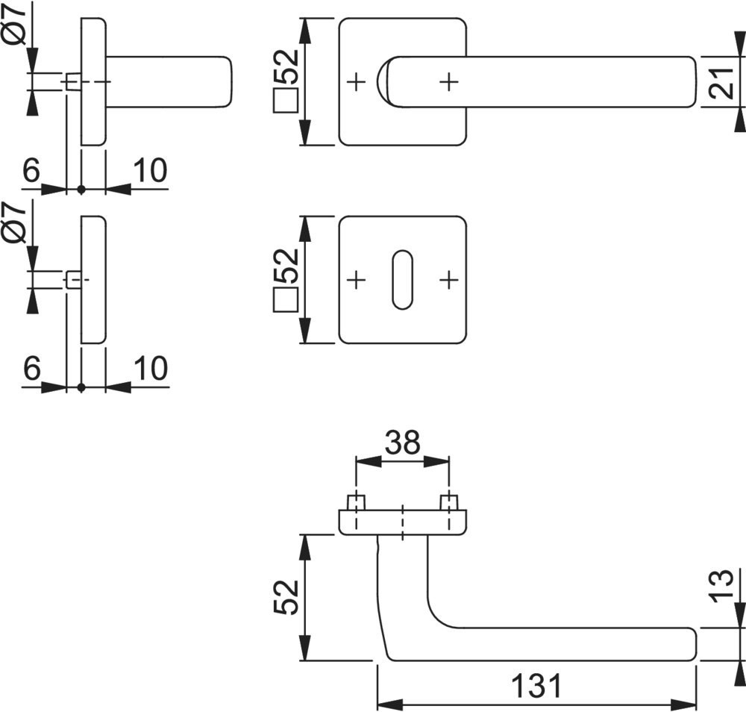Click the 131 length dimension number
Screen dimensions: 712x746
(x=536, y=685)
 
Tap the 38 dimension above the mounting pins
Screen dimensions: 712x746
(x=402, y=443)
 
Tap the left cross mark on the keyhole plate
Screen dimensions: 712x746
(x=356, y=280)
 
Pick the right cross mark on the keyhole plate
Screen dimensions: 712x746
(x=448, y=280)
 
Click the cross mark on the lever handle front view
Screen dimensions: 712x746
(x=448, y=81)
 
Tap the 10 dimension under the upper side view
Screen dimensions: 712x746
(x=150, y=171)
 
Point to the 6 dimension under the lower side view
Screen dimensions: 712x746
(x=31, y=369)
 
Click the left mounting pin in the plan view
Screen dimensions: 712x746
(x=356, y=502)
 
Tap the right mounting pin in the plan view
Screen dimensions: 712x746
(x=448, y=502)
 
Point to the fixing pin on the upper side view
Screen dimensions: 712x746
(x=73, y=81)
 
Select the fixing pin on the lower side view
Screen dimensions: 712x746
(x=73, y=280)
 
